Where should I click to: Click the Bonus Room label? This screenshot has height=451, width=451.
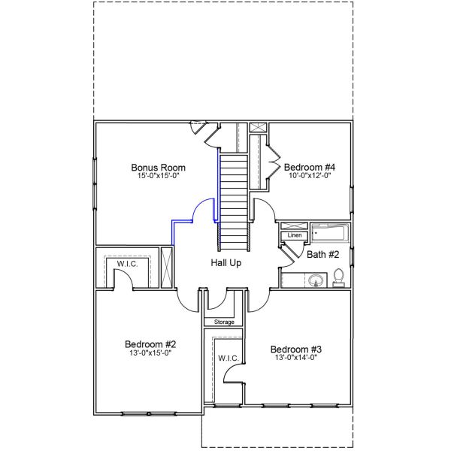pyautogui.click(x=158, y=167)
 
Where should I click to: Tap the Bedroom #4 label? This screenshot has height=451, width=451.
pyautogui.click(x=309, y=166)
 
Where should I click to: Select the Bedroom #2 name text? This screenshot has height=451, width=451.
pyautogui.click(x=150, y=344)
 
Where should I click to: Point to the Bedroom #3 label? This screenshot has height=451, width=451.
pyautogui.click(x=296, y=349)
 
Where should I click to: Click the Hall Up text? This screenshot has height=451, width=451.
pyautogui.click(x=225, y=263)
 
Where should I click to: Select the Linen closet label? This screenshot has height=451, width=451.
pyautogui.click(x=294, y=236)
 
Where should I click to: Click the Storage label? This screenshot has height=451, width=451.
pyautogui.click(x=224, y=322)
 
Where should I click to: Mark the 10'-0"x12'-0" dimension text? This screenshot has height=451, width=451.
pyautogui.click(x=309, y=175)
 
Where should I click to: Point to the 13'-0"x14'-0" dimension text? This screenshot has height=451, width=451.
pyautogui.click(x=296, y=358)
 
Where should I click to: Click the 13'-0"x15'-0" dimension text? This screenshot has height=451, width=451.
pyautogui.click(x=150, y=353)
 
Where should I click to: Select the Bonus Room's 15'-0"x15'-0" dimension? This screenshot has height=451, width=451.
pyautogui.click(x=158, y=176)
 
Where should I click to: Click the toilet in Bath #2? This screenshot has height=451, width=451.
pyautogui.click(x=339, y=277)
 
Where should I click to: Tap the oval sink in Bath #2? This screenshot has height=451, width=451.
pyautogui.click(x=315, y=282)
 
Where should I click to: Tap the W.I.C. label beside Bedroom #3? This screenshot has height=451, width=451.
pyautogui.click(x=229, y=358)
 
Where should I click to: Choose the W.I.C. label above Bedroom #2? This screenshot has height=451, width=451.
pyautogui.click(x=125, y=264)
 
